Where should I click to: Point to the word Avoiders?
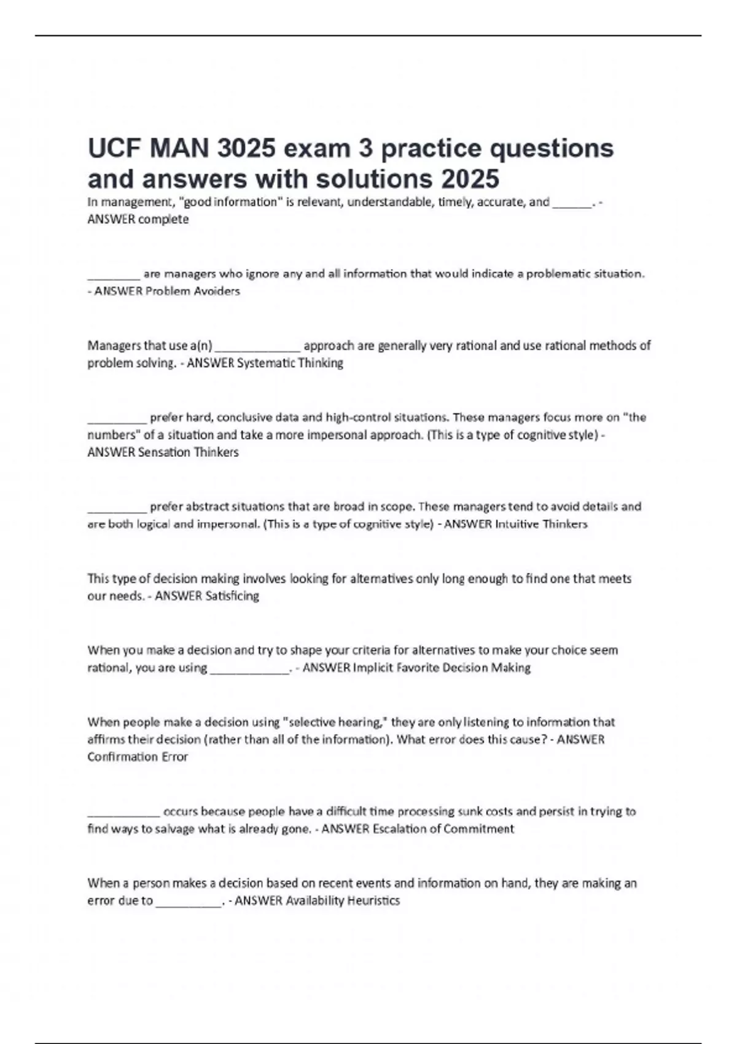tap(217, 291)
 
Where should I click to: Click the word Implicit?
tap(373, 668)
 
